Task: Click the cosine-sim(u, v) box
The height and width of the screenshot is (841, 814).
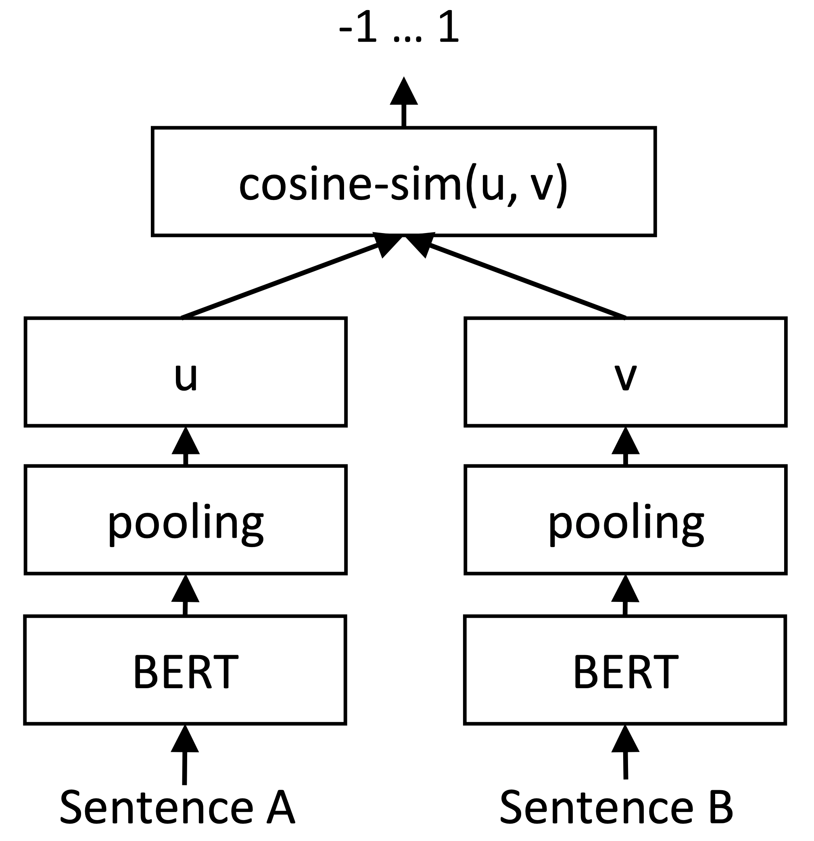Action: tap(403, 181)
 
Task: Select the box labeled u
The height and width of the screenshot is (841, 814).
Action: tap(186, 372)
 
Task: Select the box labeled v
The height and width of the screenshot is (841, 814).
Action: tap(626, 372)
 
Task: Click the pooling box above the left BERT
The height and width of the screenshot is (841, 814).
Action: tap(186, 520)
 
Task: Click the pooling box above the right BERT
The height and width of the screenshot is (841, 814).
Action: tap(626, 520)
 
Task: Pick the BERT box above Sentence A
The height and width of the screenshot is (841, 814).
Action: tap(185, 670)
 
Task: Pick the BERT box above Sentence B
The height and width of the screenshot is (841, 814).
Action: tap(625, 670)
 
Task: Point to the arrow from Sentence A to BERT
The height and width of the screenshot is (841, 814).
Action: tap(185, 755)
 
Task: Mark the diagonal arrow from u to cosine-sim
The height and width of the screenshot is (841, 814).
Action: tap(283, 281)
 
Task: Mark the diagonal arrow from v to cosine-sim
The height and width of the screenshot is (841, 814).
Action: tap(526, 281)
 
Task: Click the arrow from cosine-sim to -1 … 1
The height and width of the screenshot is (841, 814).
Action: tap(403, 103)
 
